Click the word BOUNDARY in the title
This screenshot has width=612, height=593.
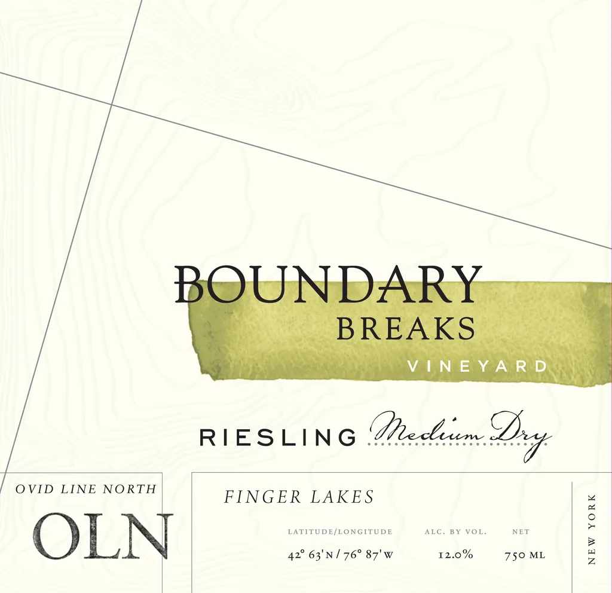(328, 284)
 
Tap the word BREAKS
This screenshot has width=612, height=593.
(406, 329)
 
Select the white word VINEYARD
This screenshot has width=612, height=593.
(477, 366)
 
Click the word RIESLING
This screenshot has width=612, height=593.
(277, 438)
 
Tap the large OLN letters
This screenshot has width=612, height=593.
(102, 536)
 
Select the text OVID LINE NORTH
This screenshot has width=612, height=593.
(85, 490)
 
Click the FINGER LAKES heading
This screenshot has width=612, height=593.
(299, 497)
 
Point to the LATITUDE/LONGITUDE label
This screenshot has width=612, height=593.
(340, 531)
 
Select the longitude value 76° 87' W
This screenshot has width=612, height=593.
(368, 555)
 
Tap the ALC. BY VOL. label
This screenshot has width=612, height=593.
(455, 531)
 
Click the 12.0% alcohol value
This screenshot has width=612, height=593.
(455, 555)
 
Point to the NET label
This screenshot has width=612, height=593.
(521, 531)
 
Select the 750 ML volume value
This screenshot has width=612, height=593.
(525, 555)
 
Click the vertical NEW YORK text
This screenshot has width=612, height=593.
(592, 529)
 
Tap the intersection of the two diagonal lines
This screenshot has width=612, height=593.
(112, 105)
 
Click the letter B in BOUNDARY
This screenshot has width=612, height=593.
(191, 284)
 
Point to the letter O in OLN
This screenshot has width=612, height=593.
(56, 536)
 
